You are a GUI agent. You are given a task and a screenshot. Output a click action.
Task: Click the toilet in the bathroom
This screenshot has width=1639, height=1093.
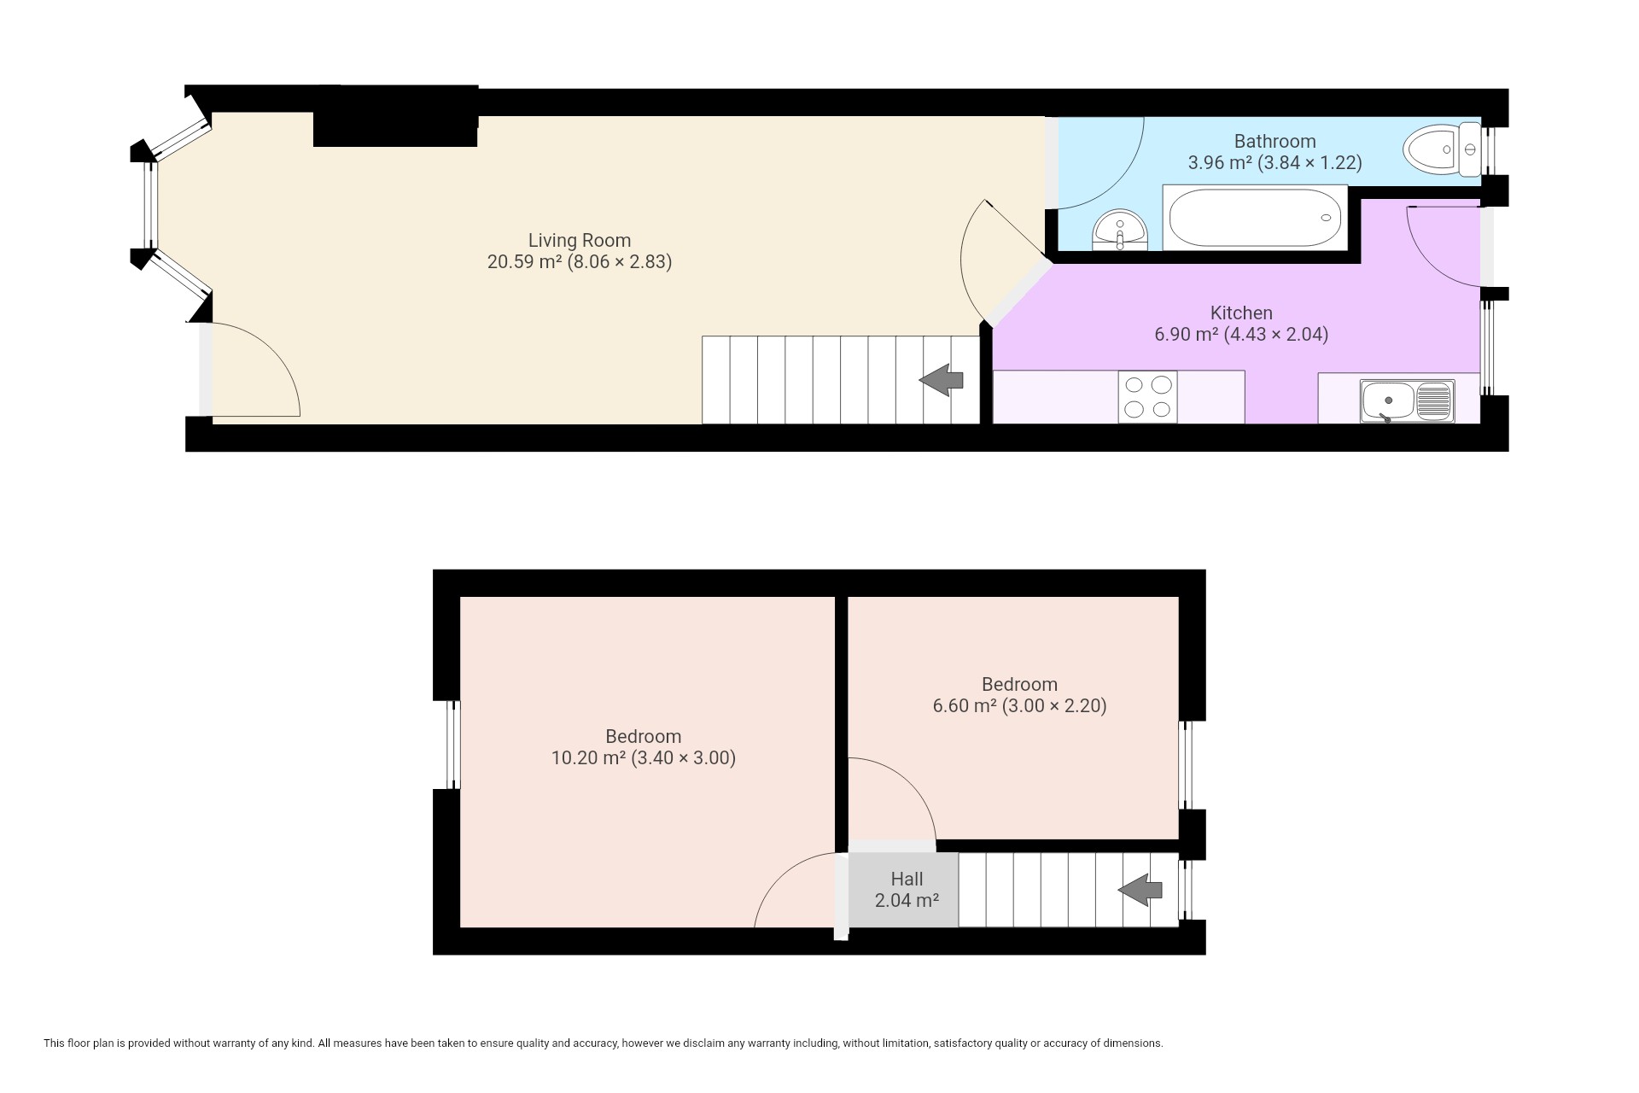point(1442,150)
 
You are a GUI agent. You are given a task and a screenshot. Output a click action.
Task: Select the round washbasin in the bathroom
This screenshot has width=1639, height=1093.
point(1119,231)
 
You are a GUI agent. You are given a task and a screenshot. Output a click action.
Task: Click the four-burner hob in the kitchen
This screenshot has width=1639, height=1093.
point(1147,397)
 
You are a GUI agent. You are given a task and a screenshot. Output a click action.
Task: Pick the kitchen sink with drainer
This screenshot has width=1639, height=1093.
point(1408,401)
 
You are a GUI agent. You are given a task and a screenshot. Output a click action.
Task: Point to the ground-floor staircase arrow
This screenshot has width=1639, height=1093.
point(942,380)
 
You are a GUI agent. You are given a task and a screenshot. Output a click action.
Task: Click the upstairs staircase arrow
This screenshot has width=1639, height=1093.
point(1140,891)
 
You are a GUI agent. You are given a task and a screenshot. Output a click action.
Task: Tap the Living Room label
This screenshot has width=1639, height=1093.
point(580,241)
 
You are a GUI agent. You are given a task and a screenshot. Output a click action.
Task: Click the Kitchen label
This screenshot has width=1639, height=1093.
point(1241,313)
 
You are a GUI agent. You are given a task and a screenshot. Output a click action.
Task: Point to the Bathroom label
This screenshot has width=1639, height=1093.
point(1274,141)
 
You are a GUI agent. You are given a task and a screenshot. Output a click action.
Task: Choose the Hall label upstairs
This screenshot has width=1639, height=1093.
point(907,879)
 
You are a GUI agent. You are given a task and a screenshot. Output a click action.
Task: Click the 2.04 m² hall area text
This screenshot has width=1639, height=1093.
point(907,900)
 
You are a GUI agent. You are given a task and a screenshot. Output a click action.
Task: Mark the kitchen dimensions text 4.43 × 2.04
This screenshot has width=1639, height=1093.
point(1275,335)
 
